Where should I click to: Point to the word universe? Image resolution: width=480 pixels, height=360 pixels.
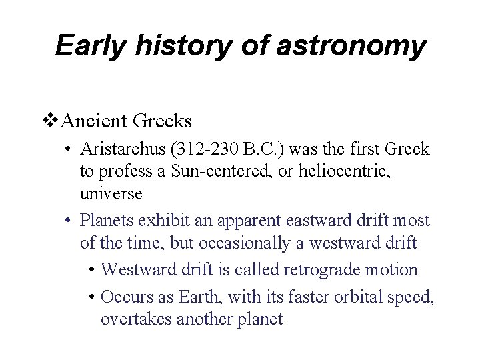110,194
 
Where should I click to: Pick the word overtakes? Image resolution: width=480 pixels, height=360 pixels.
137,319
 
